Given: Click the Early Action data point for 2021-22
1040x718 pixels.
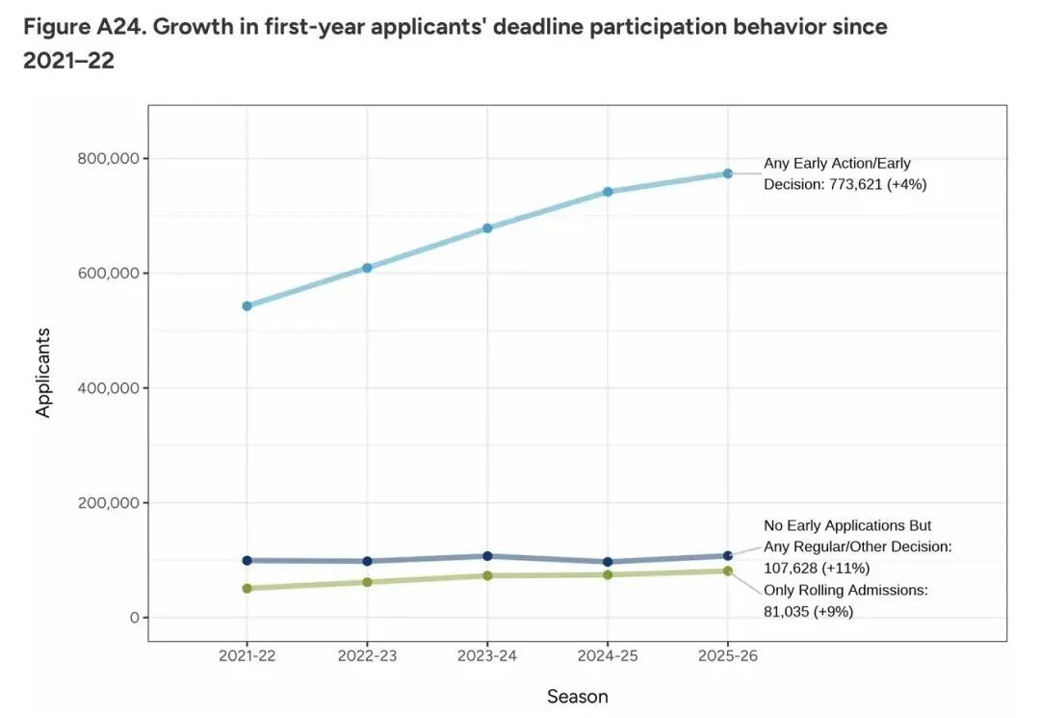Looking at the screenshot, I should (247, 306).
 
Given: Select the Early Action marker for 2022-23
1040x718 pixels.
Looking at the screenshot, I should (367, 267).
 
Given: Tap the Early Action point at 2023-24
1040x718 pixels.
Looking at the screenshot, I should (487, 227).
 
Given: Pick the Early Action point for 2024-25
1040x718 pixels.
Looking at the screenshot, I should (608, 191).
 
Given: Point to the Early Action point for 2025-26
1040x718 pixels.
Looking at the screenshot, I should (728, 173).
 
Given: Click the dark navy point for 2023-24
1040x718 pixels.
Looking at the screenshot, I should (487, 556).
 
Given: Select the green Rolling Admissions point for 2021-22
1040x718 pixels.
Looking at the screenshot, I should (247, 588).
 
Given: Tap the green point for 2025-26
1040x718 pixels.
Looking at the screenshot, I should (728, 571).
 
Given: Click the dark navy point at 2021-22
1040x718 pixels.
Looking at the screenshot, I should (247, 560).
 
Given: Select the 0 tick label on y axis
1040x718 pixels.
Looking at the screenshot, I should (135, 618).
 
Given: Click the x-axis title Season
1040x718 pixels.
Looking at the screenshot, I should (578, 696).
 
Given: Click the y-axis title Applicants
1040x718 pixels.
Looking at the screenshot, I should (43, 373).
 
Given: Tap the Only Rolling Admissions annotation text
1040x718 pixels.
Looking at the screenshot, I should (845, 590).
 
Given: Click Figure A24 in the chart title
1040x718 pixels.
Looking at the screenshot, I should (82, 27).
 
